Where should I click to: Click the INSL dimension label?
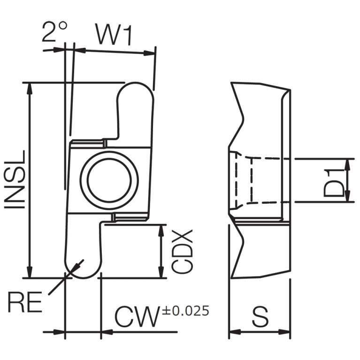click(15, 180)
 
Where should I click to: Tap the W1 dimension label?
click(114, 34)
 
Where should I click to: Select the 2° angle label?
click(54, 31)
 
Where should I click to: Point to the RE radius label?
click(25, 302)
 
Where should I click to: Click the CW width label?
click(138, 317)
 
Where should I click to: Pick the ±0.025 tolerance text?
click(186, 311)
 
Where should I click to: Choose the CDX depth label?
click(183, 251)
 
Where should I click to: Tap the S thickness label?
click(260, 317)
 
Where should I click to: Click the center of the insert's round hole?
click(109, 180)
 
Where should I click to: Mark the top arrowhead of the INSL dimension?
click(30, 88)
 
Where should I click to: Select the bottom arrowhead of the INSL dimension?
click(30, 272)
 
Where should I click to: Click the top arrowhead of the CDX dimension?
click(161, 230)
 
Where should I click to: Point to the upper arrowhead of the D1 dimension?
click(348, 165)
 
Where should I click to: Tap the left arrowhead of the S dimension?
click(235, 332)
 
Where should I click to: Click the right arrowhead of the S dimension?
click(284, 332)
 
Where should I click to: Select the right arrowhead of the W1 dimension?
click(149, 53)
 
